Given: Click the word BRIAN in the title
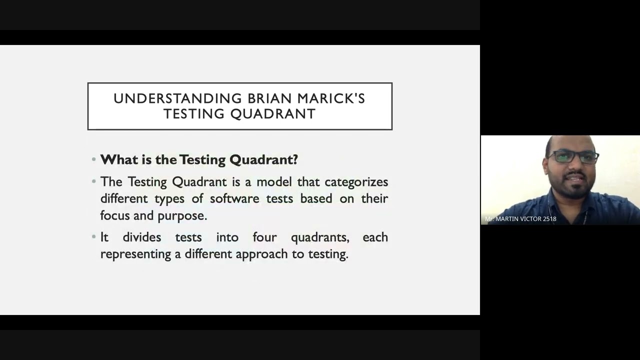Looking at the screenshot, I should coord(276,98).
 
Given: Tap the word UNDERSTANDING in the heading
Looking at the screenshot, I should coord(177,98).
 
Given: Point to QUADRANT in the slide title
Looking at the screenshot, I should coord(273,114).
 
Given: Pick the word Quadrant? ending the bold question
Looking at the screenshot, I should coord(263,159).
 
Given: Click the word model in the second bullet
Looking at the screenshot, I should coord(274,182).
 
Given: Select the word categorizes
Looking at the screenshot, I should coord(356,182).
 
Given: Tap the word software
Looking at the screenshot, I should coord(234,198).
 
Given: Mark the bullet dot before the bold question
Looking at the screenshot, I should coord(94,159).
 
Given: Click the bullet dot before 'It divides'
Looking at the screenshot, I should coord(94,237).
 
